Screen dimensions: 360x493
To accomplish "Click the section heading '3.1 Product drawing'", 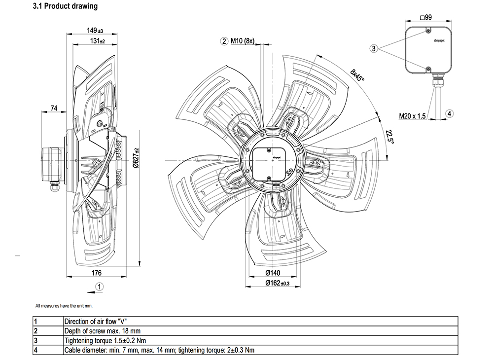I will pos(65,6).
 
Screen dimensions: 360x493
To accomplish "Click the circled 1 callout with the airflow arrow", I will pos(100,286).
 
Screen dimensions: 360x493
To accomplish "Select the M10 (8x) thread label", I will pos(242,41).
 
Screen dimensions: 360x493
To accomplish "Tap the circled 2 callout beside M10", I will pos(224,41).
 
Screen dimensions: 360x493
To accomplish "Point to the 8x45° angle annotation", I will pos(358,78).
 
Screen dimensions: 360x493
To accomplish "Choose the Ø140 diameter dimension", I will pos(272,273).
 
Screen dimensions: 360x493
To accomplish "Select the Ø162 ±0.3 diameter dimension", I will pos(277,283).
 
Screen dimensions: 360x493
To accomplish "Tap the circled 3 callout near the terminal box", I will pos(374,48).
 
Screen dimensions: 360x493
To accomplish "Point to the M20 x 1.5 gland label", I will pos(413,116).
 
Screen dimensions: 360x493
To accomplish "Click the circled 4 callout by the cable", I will pos(449,113).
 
